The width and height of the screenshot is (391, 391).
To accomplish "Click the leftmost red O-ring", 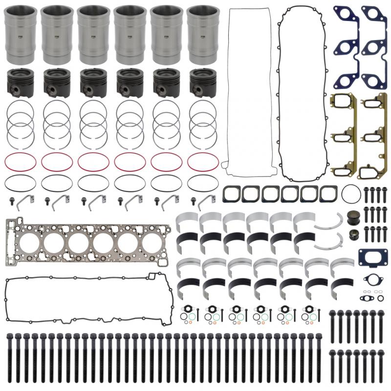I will pos(21,162).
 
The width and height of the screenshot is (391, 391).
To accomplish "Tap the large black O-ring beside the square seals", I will pos(351,194).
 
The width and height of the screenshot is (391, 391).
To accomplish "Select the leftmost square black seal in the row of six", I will pos(231,194).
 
